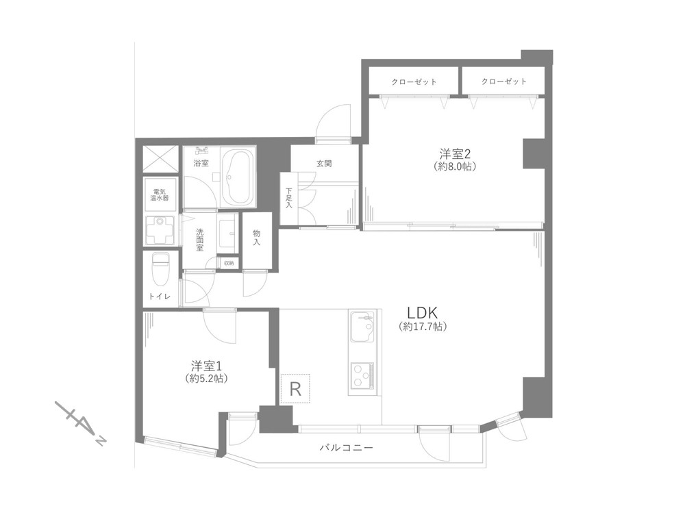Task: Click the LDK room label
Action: [422, 312]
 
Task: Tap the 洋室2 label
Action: [454, 154]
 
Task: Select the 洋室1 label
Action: [206, 366]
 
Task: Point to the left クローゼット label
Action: [414, 81]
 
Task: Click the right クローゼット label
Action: [503, 81]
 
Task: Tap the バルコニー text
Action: [347, 448]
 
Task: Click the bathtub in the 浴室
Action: [238, 177]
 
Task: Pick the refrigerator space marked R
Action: [295, 388]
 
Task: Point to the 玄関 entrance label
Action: [324, 164]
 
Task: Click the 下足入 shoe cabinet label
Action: [289, 198]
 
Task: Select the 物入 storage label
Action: [256, 238]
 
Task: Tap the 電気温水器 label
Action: [160, 194]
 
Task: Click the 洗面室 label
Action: [199, 240]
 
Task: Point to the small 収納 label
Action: [229, 263]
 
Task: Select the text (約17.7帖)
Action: [423, 326]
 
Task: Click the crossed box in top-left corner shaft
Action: [160, 159]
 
